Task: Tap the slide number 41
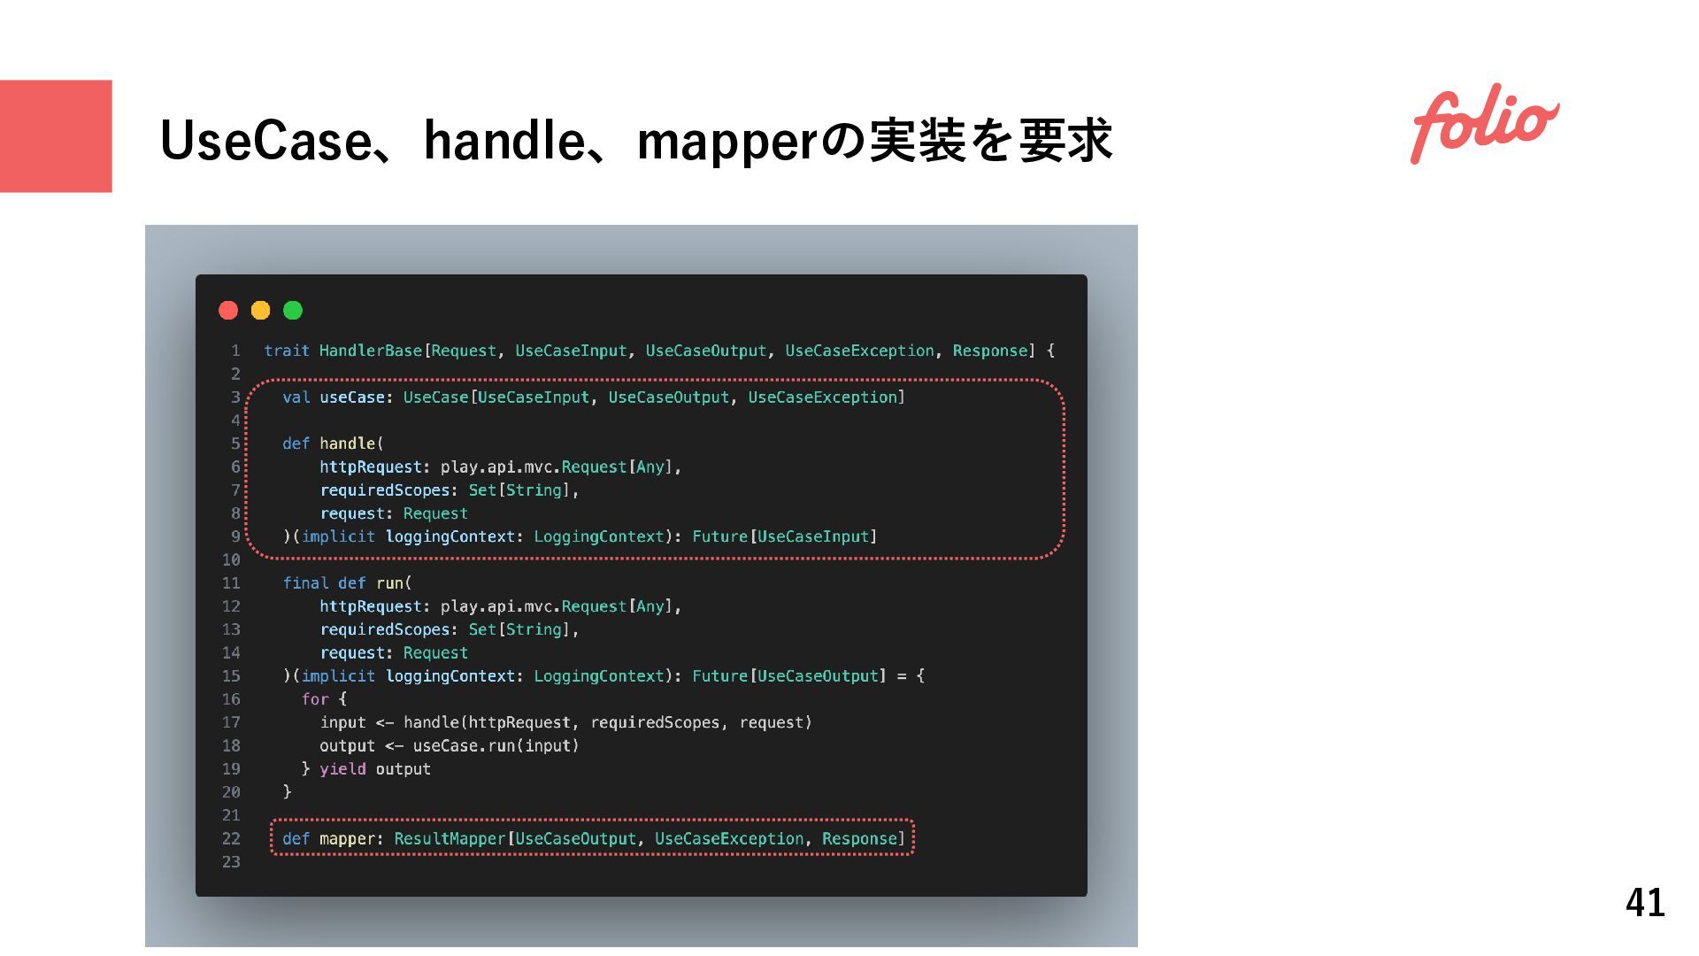1645,903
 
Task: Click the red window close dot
228,310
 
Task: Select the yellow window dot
260,310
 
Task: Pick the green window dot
293,310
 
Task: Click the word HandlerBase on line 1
370,351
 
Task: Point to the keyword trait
287,351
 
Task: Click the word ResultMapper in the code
449,838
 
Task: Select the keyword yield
342,768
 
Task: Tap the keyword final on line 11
305,582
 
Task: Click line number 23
231,861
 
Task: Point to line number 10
231,559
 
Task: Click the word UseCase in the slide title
266,141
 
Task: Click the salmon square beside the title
56,136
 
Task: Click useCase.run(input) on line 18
496,745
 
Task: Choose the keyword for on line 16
315,698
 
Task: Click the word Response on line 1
989,351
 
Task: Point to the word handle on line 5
348,443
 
